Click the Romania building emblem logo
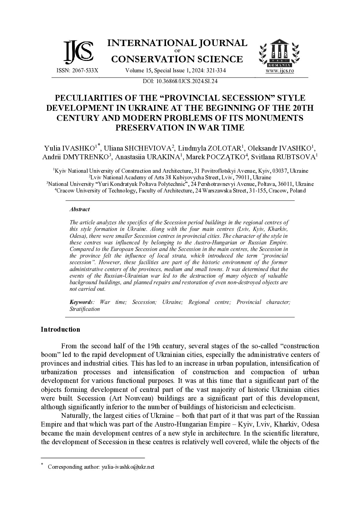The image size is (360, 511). pyautogui.click(x=279, y=53)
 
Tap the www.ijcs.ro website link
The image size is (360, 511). pyautogui.click(x=280, y=71)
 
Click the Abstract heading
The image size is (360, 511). pyautogui.click(x=79, y=209)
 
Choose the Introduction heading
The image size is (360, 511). pyautogui.click(x=60, y=329)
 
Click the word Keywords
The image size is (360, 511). pyautogui.click(x=80, y=302)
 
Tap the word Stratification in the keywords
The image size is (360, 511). pyautogui.click(x=85, y=309)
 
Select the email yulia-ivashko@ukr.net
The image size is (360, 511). pyautogui.click(x=128, y=467)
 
